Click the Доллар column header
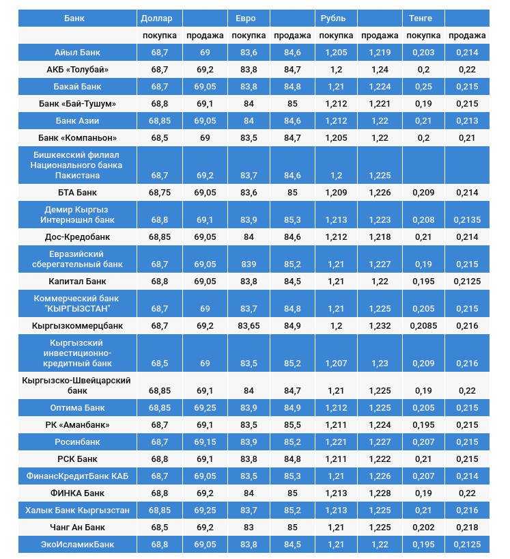[156, 18]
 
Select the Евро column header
[246, 18]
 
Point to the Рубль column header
[333, 18]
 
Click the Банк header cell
[74, 18]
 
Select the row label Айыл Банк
[77, 53]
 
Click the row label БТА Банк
[77, 193]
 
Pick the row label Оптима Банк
[77, 408]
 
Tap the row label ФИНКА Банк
[77, 493]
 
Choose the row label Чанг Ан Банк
[77, 527]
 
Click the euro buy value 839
[249, 264]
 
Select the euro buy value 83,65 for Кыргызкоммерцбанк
[249, 326]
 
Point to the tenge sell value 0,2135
[468, 220]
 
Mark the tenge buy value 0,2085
[423, 326]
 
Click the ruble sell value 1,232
[380, 326]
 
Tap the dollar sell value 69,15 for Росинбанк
[205, 442]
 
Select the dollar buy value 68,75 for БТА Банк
[160, 193]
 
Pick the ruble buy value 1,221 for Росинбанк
[336, 442]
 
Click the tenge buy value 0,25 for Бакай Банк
[423, 87]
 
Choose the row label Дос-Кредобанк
[77, 237]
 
